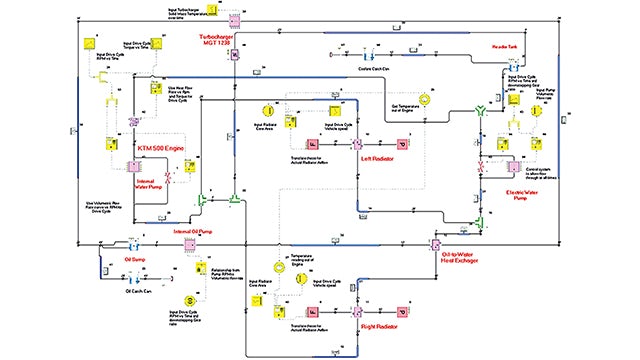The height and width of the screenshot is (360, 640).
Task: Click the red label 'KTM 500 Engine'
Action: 160,148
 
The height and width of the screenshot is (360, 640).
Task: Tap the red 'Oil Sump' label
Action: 136,258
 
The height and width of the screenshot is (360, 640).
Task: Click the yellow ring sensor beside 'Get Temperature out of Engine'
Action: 425,100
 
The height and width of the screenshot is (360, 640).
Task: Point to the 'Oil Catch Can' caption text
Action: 139,291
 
